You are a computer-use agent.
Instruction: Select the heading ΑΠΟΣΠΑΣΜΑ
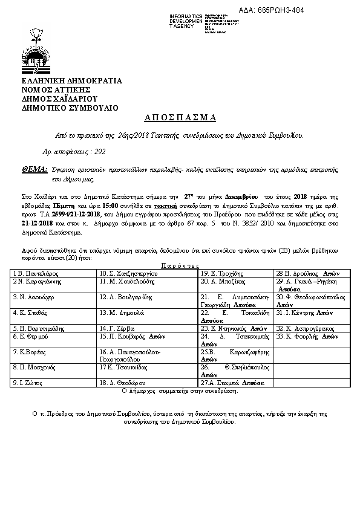coord(180,117)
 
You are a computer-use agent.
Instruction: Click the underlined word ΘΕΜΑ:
coord(33,171)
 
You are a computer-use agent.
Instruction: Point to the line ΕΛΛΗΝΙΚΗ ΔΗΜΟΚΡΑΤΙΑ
coord(72,81)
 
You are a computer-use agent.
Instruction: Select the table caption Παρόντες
coord(180,265)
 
